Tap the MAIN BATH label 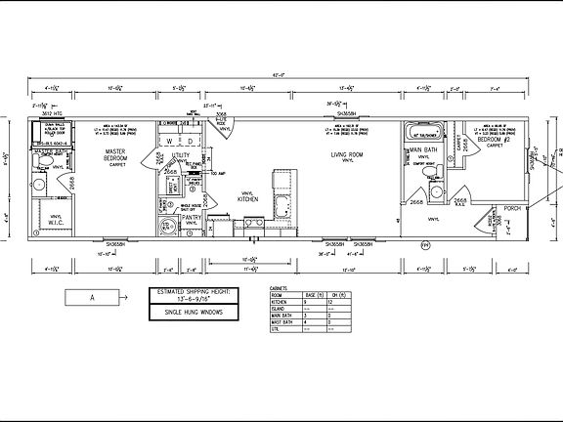coord(424,149)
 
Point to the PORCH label coord(510,207)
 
